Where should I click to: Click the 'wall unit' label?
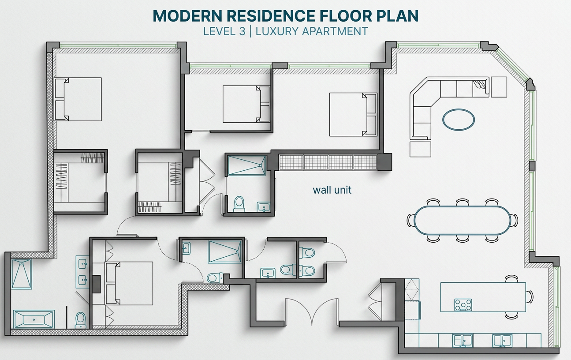pos(332,190)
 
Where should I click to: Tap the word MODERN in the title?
pos(187,15)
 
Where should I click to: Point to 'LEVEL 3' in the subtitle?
pos(224,31)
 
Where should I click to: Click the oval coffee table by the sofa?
pos(458,120)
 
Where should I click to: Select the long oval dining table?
pos(462,220)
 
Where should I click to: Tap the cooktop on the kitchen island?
pos(463,305)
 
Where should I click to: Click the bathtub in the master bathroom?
pos(34,319)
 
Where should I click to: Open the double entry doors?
pos(312,312)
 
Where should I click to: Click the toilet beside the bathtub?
pos(81,320)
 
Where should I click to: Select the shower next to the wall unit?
pos(247,165)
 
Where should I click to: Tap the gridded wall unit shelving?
pos(328,162)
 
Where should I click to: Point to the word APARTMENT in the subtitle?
pos(335,31)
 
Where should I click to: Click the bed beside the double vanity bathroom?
pos(129,283)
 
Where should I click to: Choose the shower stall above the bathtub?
pos(22,274)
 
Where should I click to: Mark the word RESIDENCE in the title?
pos(271,15)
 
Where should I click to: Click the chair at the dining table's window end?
pos(514,220)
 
